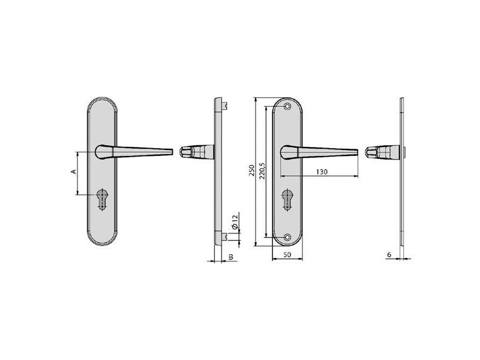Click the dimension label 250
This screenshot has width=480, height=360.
point(251,170)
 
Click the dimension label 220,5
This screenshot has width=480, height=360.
point(262,171)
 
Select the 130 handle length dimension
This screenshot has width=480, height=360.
point(322,172)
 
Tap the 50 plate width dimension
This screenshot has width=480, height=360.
point(287,254)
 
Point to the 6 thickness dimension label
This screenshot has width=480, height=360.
point(389,254)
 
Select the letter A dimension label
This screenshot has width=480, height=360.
point(73,172)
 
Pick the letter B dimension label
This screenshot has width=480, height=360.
point(231,257)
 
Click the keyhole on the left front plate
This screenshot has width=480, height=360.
point(102,199)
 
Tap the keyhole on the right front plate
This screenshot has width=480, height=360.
point(287,200)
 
